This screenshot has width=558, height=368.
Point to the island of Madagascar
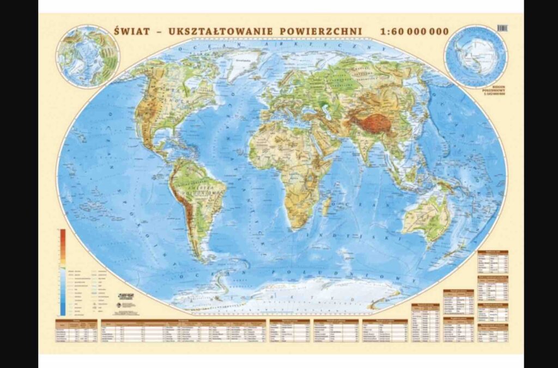point(327,206)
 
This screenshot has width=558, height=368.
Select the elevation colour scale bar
point(63,272)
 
